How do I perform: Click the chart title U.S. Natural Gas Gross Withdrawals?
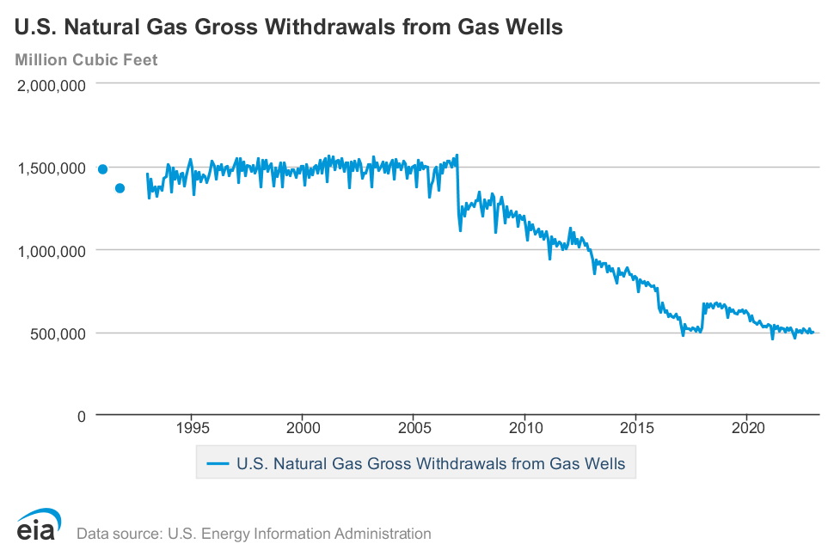289,27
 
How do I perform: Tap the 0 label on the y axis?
81,417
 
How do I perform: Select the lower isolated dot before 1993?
120,188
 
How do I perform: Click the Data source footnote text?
254,534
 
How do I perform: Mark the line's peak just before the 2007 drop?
457,156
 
